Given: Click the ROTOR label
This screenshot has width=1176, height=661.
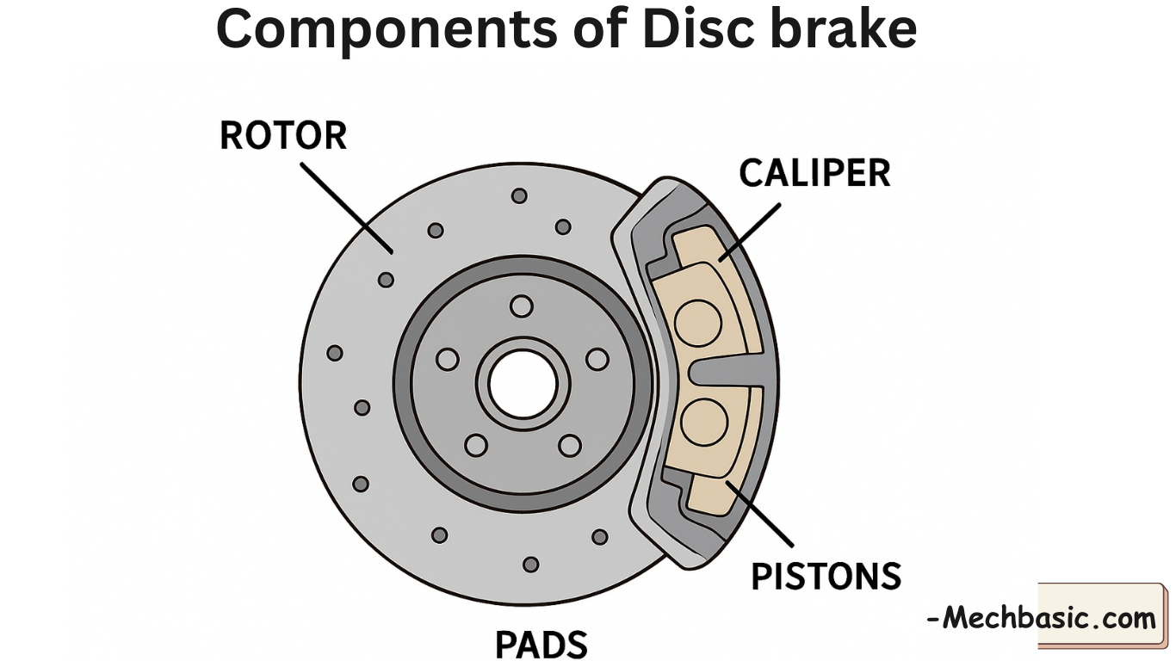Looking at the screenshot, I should pyautogui.click(x=283, y=136).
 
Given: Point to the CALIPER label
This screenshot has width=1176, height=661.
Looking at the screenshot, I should pyautogui.click(x=814, y=173).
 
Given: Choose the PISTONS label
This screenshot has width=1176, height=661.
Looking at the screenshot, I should pyautogui.click(x=826, y=576).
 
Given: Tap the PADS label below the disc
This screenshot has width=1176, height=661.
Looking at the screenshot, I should pyautogui.click(x=542, y=644).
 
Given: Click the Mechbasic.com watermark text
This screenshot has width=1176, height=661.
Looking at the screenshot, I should pyautogui.click(x=1041, y=617).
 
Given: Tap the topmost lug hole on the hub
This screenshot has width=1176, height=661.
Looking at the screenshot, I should pyautogui.click(x=521, y=306).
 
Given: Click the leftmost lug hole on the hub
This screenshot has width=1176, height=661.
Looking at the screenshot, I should pyautogui.click(x=447, y=359).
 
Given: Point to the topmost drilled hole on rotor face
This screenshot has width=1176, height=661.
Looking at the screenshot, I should pyautogui.click(x=519, y=195).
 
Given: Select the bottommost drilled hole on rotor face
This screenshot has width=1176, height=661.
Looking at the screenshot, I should pyautogui.click(x=531, y=565).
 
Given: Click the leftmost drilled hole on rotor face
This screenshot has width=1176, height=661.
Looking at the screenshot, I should pyautogui.click(x=335, y=353).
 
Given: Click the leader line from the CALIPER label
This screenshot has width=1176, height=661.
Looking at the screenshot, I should pyautogui.click(x=749, y=232).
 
